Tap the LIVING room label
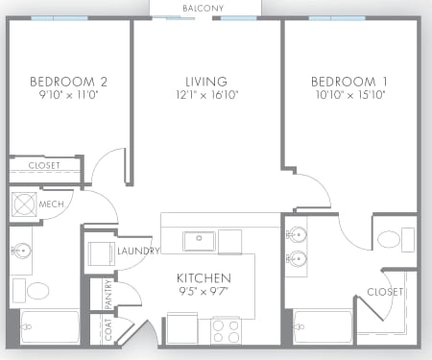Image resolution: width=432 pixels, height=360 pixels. tap(206, 81)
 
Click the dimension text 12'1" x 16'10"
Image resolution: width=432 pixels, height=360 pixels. tap(206, 95)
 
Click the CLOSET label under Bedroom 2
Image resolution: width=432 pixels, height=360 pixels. tap(44, 166)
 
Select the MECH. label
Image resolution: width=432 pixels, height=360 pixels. tap(53, 204)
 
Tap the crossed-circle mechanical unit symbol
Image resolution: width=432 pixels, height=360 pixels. tap(22, 204)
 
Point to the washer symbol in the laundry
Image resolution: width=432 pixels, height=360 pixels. tap(100, 254)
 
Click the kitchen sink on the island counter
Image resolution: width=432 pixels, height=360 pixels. tap(199, 240)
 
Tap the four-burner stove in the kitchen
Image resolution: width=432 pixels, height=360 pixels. tap(227, 331)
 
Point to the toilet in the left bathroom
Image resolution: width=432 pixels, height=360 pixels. tap(37, 290)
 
